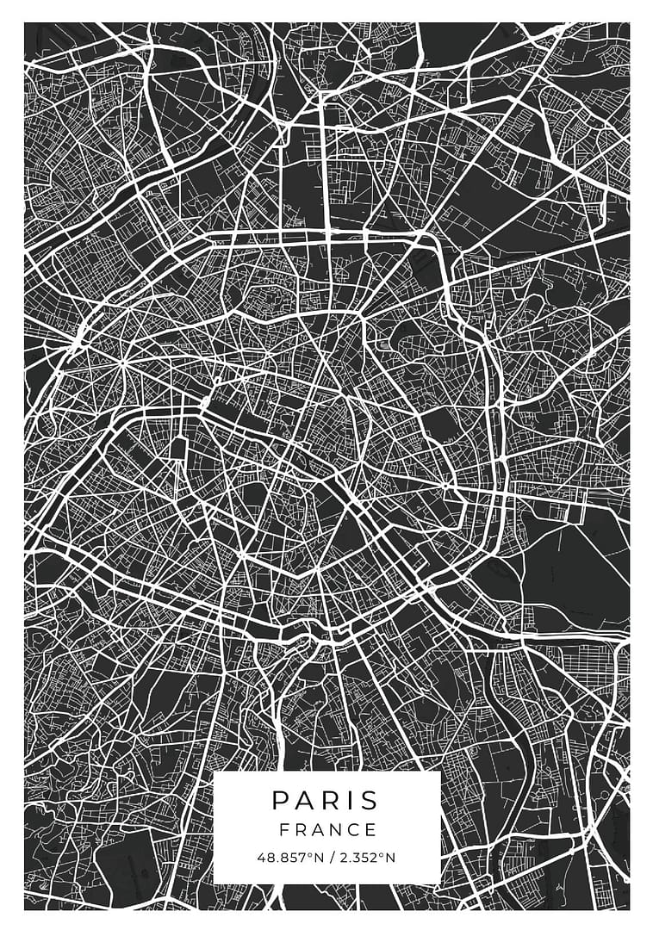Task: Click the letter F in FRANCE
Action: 283,830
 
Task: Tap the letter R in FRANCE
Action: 301,830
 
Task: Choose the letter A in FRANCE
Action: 318,830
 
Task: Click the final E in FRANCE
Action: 371,830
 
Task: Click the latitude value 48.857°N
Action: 289,858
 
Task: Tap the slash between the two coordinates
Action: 332,858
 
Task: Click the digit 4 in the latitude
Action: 261,858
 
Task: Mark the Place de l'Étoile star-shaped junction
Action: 122,363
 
